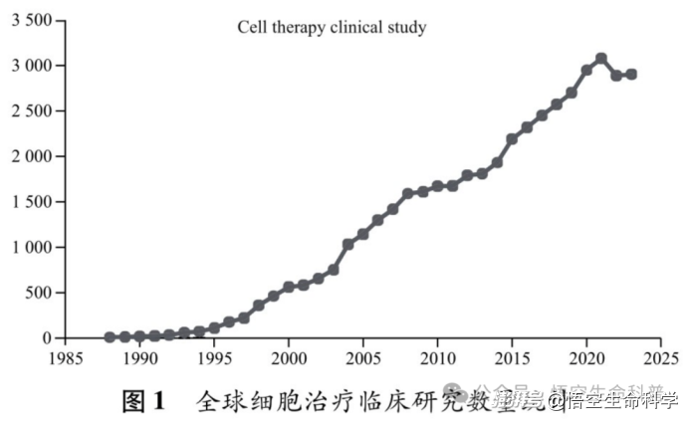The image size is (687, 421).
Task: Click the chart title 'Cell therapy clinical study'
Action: pyautogui.click(x=332, y=27)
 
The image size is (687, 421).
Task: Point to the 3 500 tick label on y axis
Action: pyautogui.click(x=33, y=21)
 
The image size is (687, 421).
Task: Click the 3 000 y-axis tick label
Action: pyautogui.click(x=33, y=66)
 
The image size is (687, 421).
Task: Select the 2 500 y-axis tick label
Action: pyautogui.click(x=33, y=111)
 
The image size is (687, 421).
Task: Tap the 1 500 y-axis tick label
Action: pyautogui.click(x=33, y=202)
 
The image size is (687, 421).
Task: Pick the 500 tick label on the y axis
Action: pyautogui.click(x=42, y=293)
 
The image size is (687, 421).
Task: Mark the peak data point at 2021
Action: pyautogui.click(x=601, y=59)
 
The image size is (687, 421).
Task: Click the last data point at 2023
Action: pyautogui.click(x=631, y=75)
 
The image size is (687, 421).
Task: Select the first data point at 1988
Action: pyautogui.click(x=111, y=337)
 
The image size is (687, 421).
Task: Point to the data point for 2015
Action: pyautogui.click(x=512, y=139)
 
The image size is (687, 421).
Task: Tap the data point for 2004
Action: pyautogui.click(x=348, y=244)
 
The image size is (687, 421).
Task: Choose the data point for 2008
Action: pyautogui.click(x=408, y=194)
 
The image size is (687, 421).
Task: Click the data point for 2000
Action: pyautogui.click(x=289, y=287)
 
